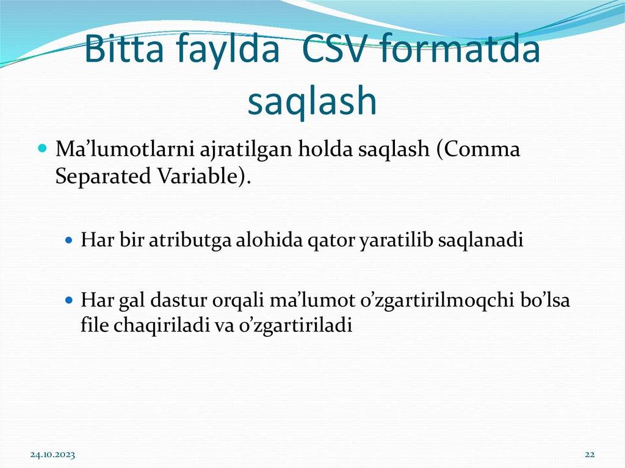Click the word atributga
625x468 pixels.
click(188, 240)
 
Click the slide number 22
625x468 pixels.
click(590, 455)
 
